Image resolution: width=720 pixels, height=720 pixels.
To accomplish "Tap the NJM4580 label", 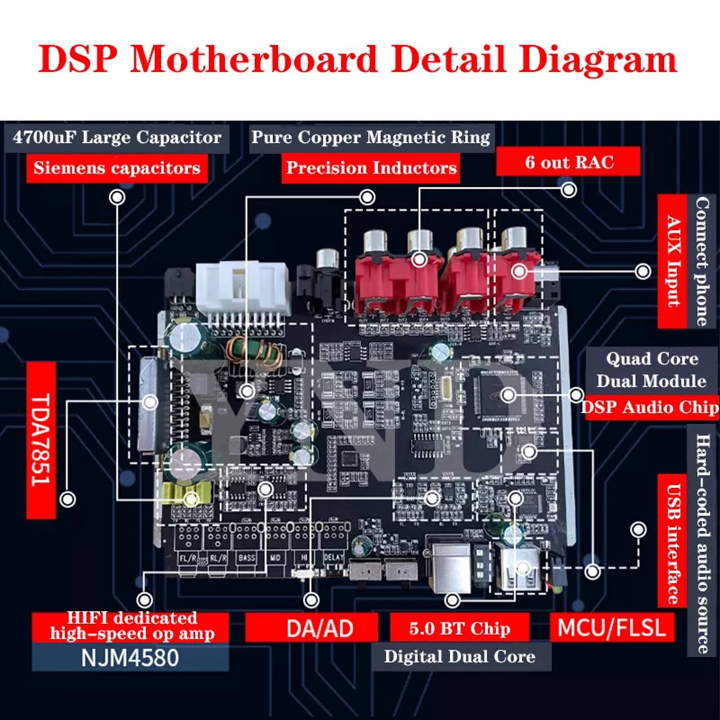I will tap(130, 658).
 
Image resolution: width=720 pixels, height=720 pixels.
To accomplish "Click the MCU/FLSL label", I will tap(612, 628).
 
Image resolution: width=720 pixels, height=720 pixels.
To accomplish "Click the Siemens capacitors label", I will tap(117, 168).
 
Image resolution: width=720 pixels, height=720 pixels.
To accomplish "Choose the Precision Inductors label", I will tap(371, 168).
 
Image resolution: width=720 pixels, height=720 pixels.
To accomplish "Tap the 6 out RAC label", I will tap(568, 162).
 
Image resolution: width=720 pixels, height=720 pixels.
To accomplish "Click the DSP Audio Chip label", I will tap(651, 407).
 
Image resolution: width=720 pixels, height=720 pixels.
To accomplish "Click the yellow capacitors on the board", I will tap(186, 493).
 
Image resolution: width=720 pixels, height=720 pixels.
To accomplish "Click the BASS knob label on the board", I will tap(246, 558).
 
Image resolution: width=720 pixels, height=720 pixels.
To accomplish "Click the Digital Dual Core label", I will tap(460, 657).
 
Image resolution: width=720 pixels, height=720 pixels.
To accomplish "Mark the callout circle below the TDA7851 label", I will tap(68, 499).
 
